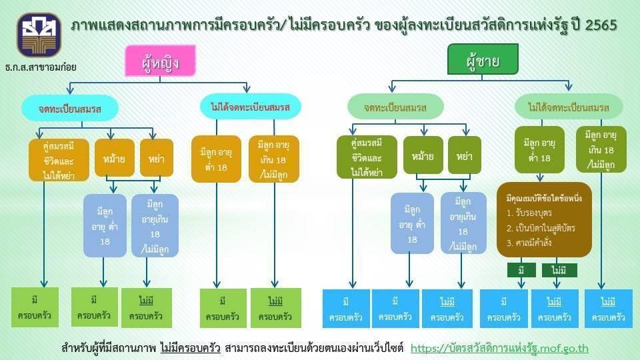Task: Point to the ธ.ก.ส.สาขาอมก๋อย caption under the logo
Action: tap(40, 67)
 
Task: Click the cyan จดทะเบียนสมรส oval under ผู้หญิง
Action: tap(69, 107)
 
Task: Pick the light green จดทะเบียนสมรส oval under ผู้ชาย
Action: tap(395, 107)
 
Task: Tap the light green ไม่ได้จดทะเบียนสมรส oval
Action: tap(568, 107)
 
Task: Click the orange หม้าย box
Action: tap(115, 158)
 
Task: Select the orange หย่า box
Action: tap(157, 158)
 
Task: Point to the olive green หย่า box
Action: tap(465, 156)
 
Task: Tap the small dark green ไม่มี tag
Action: tap(559, 271)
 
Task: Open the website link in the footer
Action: tap(499, 348)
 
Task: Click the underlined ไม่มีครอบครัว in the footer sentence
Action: tap(190, 348)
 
